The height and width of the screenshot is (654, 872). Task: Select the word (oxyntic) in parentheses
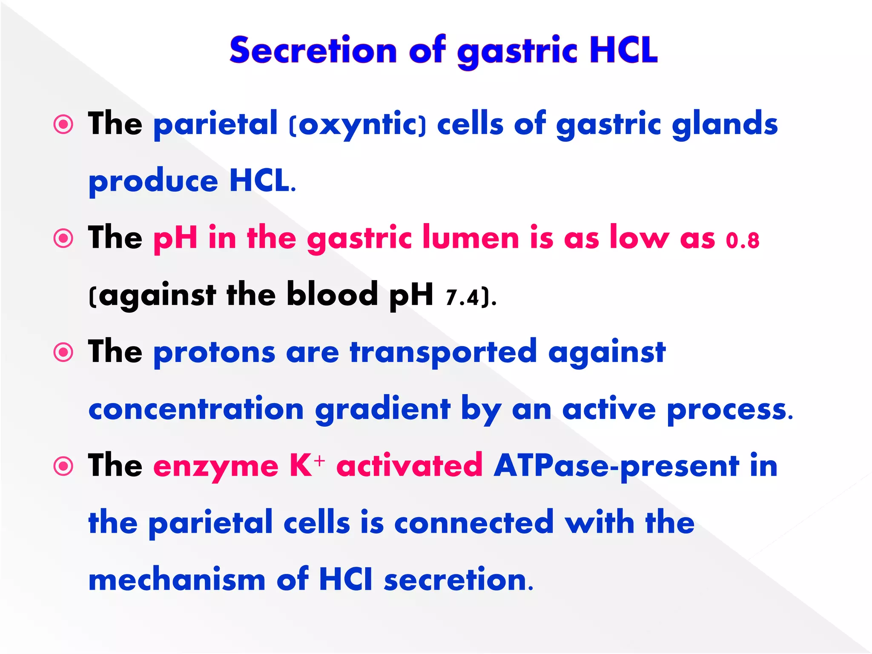[x=357, y=125]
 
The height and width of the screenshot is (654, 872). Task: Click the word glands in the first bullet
[x=725, y=125]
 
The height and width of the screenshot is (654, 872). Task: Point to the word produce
[x=153, y=182]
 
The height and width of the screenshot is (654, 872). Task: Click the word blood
[x=332, y=294]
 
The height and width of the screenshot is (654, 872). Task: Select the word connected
[x=474, y=523]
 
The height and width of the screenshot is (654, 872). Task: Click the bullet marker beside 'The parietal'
[x=64, y=125]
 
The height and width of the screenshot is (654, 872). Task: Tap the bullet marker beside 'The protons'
[x=64, y=353]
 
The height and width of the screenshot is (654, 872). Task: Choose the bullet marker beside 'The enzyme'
[x=64, y=466]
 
